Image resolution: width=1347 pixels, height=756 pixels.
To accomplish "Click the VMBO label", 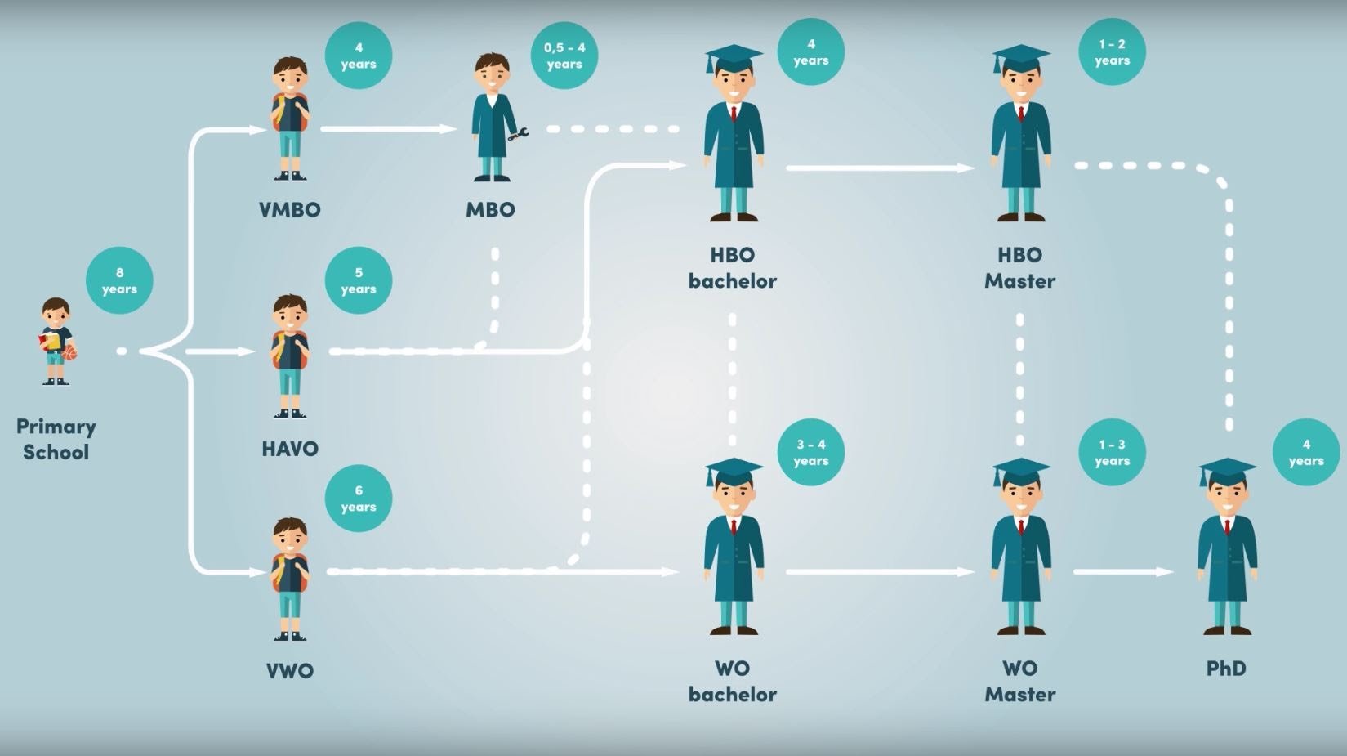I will pyautogui.click(x=289, y=210).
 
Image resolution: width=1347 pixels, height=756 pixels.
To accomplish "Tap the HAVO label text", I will pyautogui.click(x=289, y=449).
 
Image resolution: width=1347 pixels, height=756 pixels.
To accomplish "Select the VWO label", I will pyautogui.click(x=289, y=671).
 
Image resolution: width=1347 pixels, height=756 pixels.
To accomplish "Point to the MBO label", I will pyautogui.click(x=490, y=210).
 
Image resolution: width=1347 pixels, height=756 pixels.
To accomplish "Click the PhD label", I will pyautogui.click(x=1226, y=669).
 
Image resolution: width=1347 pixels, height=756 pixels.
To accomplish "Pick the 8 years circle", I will pyautogui.click(x=119, y=280).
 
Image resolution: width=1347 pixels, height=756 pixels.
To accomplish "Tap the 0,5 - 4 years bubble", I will pyautogui.click(x=564, y=56).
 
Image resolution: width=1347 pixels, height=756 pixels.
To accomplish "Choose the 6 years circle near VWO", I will pyautogui.click(x=359, y=499).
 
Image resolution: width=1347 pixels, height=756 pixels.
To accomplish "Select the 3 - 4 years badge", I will pyautogui.click(x=810, y=452).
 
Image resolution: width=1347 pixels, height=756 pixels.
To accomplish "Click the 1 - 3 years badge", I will pyautogui.click(x=1112, y=452).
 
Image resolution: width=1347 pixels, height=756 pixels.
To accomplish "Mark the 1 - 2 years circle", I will pyautogui.click(x=1112, y=52).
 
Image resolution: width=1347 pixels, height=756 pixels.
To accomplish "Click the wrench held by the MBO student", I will pyautogui.click(x=519, y=133).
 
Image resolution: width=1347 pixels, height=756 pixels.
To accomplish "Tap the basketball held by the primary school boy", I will pyautogui.click(x=69, y=352).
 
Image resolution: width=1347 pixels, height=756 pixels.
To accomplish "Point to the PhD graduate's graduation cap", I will pyautogui.click(x=1227, y=472).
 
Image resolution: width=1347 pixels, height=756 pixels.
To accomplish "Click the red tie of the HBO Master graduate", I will pyautogui.click(x=1021, y=114).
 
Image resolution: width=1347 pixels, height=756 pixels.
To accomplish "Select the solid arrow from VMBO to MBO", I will pyautogui.click(x=388, y=129).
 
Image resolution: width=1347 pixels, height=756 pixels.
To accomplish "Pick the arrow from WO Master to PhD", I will pyautogui.click(x=1123, y=572).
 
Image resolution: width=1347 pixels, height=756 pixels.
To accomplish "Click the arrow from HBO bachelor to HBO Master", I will pyautogui.click(x=880, y=168).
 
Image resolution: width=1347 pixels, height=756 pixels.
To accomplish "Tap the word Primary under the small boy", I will pyautogui.click(x=56, y=426).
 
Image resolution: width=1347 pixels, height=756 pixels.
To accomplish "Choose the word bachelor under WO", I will pyautogui.click(x=732, y=695).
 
